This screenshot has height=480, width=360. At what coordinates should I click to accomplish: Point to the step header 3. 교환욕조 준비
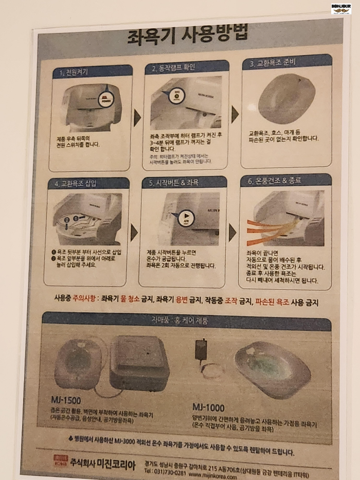(x=273, y=64)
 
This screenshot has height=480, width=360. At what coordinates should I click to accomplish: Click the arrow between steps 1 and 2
(x=137, y=117)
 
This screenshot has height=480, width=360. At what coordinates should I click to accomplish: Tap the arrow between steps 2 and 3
(x=235, y=114)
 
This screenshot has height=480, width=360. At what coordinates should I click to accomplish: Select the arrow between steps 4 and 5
(x=134, y=233)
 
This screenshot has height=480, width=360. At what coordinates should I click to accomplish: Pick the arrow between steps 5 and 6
(x=232, y=233)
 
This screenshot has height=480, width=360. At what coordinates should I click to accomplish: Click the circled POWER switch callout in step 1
(x=105, y=98)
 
